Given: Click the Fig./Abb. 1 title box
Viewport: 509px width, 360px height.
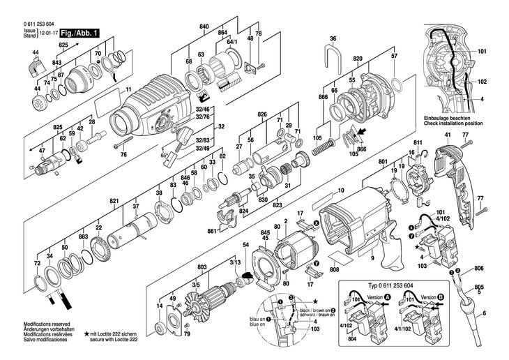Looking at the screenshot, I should [79, 33].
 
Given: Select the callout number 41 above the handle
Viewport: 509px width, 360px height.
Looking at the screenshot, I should [446, 142].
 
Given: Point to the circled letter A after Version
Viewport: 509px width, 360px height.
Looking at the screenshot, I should [389, 296].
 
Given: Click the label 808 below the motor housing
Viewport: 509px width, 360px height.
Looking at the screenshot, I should [334, 269].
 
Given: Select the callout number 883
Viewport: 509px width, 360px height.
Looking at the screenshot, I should [83, 237].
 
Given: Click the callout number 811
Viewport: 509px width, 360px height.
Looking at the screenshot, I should [418, 143].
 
